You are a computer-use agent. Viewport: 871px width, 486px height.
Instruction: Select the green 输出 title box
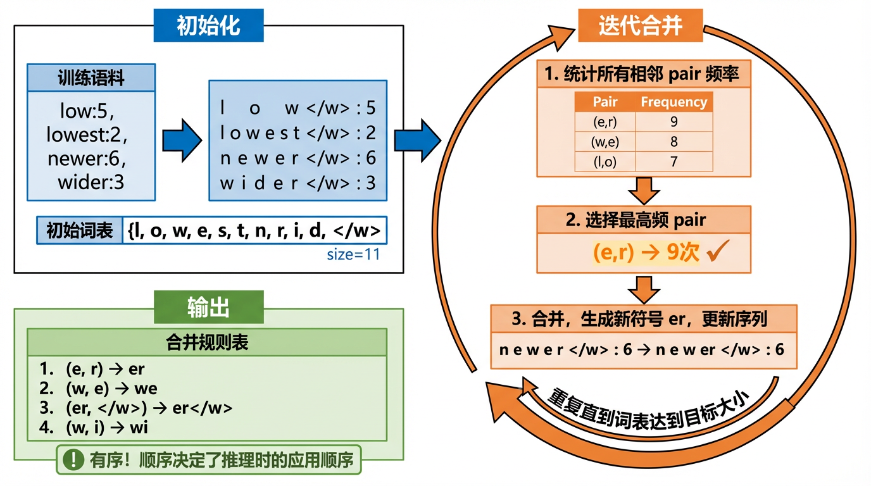tap(208, 308)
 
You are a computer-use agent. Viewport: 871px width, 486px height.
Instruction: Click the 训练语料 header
tap(91, 78)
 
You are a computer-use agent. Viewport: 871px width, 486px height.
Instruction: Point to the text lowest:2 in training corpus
tap(91, 135)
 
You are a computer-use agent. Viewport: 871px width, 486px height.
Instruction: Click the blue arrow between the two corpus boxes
tap(182, 140)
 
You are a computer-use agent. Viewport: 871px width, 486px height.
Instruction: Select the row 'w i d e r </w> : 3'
tap(298, 183)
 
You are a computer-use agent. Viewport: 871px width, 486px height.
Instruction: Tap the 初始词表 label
tap(79, 231)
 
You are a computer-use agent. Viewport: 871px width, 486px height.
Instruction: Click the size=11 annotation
tap(353, 255)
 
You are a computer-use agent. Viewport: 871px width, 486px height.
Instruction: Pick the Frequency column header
tap(674, 102)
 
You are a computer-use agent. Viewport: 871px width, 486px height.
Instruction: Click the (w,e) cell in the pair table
tap(605, 142)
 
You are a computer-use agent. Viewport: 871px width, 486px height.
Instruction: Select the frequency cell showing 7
tap(674, 162)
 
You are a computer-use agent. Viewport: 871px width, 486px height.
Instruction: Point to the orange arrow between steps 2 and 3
tap(644, 289)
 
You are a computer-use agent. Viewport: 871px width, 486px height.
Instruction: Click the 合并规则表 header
tap(207, 342)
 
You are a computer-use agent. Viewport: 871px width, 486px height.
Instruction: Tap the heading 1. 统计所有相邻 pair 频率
tap(644, 74)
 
